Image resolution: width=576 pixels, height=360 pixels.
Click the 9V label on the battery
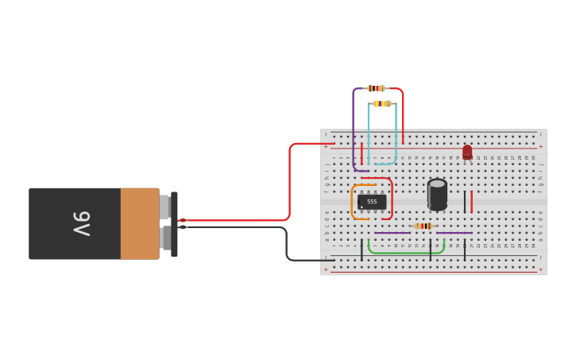click(x=82, y=223)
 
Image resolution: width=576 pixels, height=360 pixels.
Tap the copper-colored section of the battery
click(x=140, y=223)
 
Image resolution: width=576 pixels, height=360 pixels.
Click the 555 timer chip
click(x=372, y=202)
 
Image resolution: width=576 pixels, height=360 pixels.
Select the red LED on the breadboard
click(x=467, y=152)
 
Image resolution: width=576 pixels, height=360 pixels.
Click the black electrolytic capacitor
click(x=437, y=194)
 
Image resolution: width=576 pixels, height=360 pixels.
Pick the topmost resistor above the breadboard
click(x=376, y=88)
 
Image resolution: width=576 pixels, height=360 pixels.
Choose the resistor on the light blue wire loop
click(x=382, y=103)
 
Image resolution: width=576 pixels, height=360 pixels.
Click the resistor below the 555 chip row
click(x=423, y=226)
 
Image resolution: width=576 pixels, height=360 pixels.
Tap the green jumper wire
click(x=405, y=252)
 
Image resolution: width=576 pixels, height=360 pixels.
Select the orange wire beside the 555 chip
click(x=352, y=202)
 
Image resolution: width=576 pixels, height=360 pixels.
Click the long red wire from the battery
click(x=290, y=183)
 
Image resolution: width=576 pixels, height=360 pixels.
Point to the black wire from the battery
click(x=286, y=242)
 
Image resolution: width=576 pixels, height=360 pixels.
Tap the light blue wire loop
click(x=396, y=135)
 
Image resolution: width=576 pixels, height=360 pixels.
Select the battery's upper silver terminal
click(x=164, y=207)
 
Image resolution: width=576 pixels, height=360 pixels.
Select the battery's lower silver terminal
click(x=164, y=238)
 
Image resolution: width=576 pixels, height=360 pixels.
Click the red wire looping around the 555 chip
click(x=392, y=199)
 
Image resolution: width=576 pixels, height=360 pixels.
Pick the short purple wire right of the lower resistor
click(x=454, y=233)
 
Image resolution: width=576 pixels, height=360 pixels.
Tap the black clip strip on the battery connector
click(x=174, y=224)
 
